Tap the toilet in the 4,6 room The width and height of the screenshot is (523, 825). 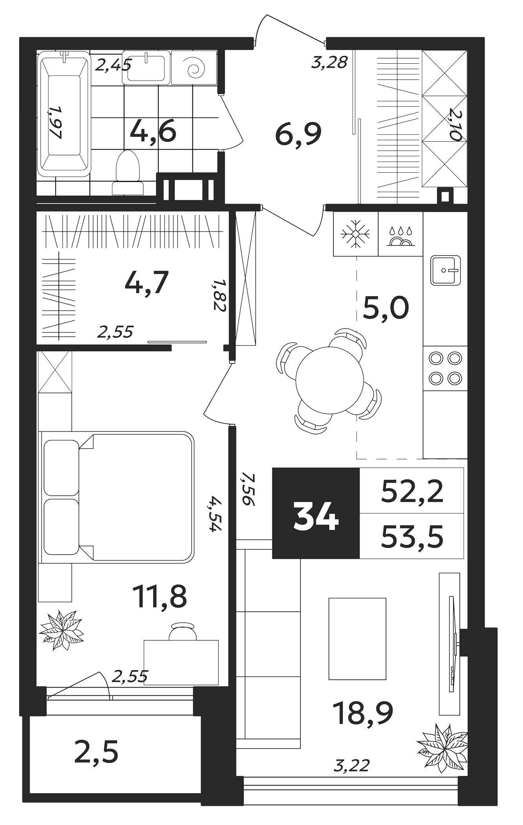click(128, 172)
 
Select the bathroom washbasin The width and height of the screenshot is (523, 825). click(146, 67)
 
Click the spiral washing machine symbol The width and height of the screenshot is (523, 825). click(194, 67)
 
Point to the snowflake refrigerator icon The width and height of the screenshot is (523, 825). click(355, 234)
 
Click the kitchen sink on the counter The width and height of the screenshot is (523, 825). click(445, 270)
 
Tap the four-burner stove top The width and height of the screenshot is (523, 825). click(445, 368)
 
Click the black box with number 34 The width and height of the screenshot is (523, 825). click(316, 513)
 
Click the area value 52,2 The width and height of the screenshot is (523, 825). click(412, 491)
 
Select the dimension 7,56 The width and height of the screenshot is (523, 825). click(248, 489)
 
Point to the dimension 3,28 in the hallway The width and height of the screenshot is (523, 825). click(329, 62)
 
